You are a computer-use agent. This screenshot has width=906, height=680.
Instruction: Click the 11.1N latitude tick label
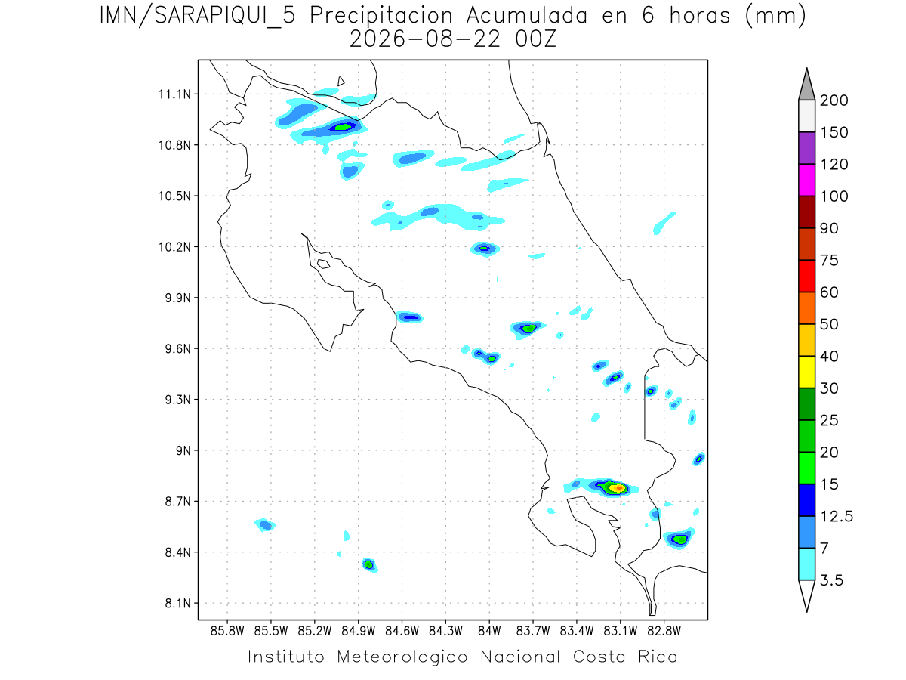[x=174, y=94]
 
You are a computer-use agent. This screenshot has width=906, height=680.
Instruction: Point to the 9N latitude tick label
[x=183, y=450]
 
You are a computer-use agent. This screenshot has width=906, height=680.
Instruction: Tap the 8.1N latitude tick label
[x=178, y=603]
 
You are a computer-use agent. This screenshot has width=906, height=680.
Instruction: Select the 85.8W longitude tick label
[x=227, y=632]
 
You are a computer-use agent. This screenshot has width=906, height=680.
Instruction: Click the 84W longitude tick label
[x=489, y=632]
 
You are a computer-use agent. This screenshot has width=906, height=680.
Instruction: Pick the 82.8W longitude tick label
[x=664, y=632]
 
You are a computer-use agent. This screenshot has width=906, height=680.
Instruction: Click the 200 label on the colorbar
[x=834, y=100]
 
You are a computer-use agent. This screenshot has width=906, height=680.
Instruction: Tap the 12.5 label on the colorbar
[x=837, y=517]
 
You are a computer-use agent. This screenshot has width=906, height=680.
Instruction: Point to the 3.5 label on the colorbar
[x=831, y=580]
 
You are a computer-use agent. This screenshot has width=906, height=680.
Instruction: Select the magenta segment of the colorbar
[x=806, y=180]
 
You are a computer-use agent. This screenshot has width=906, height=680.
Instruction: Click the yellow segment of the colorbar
[x=806, y=372]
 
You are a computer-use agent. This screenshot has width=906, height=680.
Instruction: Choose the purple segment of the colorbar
[x=806, y=148]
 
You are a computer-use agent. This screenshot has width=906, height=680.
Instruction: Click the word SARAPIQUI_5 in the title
[x=225, y=16]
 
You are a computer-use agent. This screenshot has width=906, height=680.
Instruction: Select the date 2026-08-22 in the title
[x=425, y=39]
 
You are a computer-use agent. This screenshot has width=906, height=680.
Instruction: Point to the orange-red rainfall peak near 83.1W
[x=618, y=488]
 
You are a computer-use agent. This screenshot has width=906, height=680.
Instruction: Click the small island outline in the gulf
[x=324, y=264]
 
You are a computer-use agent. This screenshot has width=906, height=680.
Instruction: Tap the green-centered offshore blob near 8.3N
[x=369, y=565]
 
